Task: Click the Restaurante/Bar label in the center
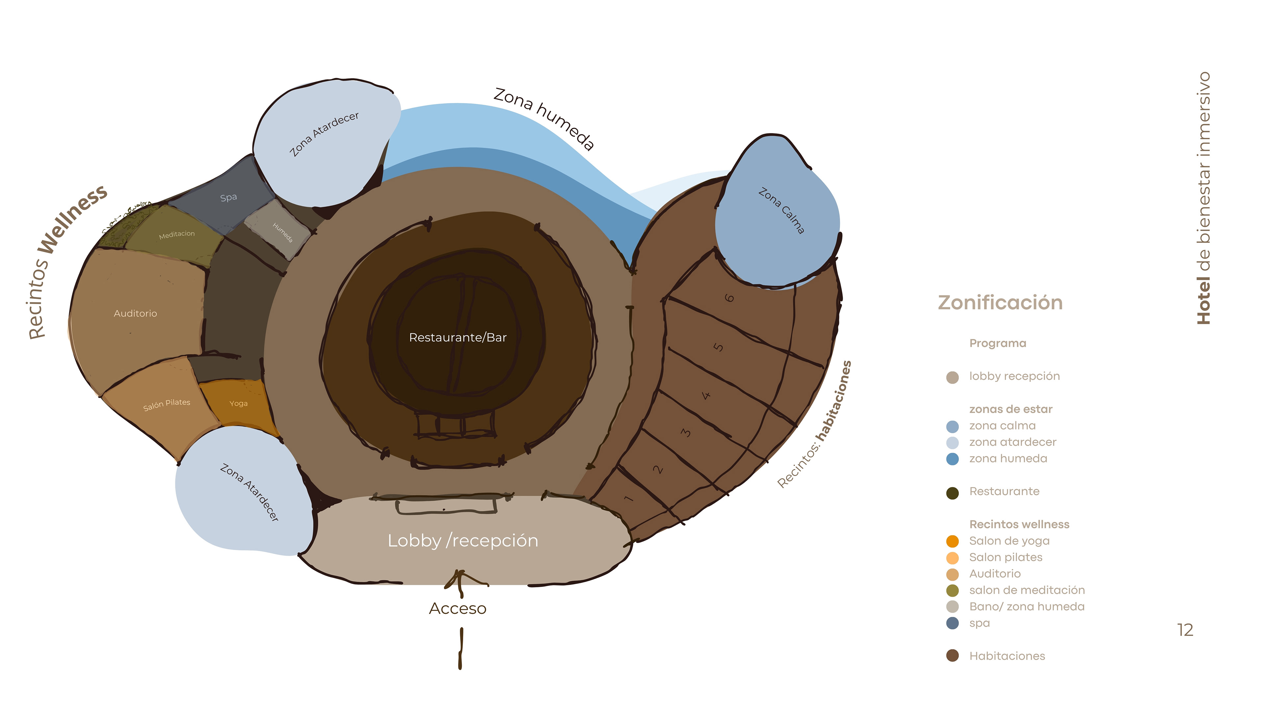[x=457, y=338]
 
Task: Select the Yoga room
[x=238, y=403]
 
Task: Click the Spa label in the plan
[x=229, y=197]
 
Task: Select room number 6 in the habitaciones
[x=730, y=298]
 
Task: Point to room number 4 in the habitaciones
[x=706, y=395]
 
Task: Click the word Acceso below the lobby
[x=457, y=608]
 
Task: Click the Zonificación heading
[x=1000, y=303]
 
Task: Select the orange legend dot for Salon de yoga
[x=952, y=541]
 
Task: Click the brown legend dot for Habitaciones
[x=952, y=656]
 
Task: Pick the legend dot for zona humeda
[x=952, y=459]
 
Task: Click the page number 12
[x=1185, y=630]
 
